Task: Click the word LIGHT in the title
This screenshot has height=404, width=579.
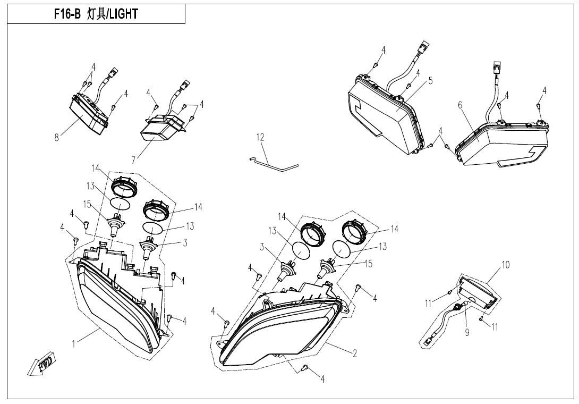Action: coord(123,14)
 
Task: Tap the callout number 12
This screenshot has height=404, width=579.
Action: coord(260,138)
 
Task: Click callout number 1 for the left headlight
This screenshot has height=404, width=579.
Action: coord(74,344)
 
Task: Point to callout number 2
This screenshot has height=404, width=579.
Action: coord(354,353)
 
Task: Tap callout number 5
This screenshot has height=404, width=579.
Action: coord(431,81)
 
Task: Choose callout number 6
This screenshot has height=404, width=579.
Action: coord(460,105)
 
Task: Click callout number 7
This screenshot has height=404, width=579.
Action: coord(133,159)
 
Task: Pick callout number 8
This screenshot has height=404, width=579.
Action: coord(56,138)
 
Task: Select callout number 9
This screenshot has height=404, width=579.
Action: coord(467,333)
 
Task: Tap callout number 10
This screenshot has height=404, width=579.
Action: coord(505,265)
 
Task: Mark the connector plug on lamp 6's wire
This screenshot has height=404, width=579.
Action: coord(495,68)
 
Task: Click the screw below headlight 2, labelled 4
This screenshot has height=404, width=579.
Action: coord(305,367)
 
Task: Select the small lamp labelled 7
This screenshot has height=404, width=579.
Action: coord(163,128)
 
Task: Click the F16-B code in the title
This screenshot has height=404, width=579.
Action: coord(67,14)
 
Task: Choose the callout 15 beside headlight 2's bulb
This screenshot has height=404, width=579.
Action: coord(368,264)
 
